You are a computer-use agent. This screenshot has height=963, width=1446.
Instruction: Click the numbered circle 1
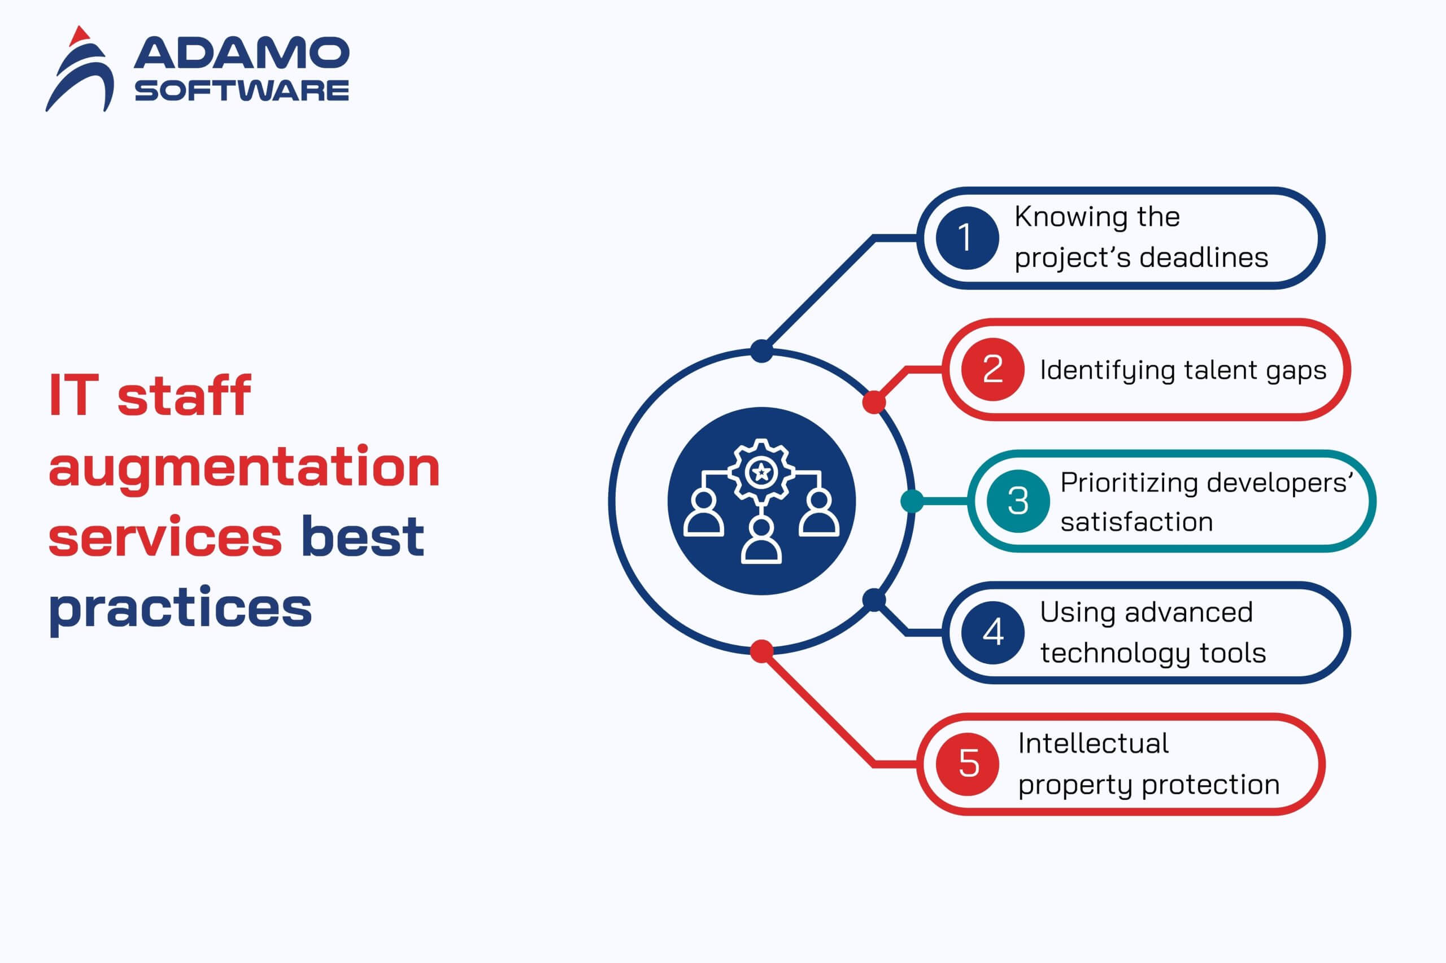pos(966,238)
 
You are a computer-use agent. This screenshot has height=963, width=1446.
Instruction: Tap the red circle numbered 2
pos(992,369)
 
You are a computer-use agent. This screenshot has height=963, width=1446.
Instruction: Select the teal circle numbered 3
pos(1018,501)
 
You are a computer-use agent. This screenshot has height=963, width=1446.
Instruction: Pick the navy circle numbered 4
pos(992,633)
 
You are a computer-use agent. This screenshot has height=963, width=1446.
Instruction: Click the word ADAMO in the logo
pos(242,53)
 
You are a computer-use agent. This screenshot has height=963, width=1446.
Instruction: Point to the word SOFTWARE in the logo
pos(242,91)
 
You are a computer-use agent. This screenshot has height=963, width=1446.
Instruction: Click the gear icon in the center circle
pos(761,472)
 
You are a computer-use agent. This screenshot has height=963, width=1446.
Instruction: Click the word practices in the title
pos(180,608)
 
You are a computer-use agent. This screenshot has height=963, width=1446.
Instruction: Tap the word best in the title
pos(363,536)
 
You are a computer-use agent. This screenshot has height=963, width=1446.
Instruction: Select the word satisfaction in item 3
pos(1136,522)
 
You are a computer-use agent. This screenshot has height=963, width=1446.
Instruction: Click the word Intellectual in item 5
pos(1094,743)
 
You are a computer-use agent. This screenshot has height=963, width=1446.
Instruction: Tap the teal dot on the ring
pos(912,501)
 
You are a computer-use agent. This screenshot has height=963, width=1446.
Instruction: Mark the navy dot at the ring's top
pos(761,351)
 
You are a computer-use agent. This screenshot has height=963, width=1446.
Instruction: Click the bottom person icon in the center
pos(761,540)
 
